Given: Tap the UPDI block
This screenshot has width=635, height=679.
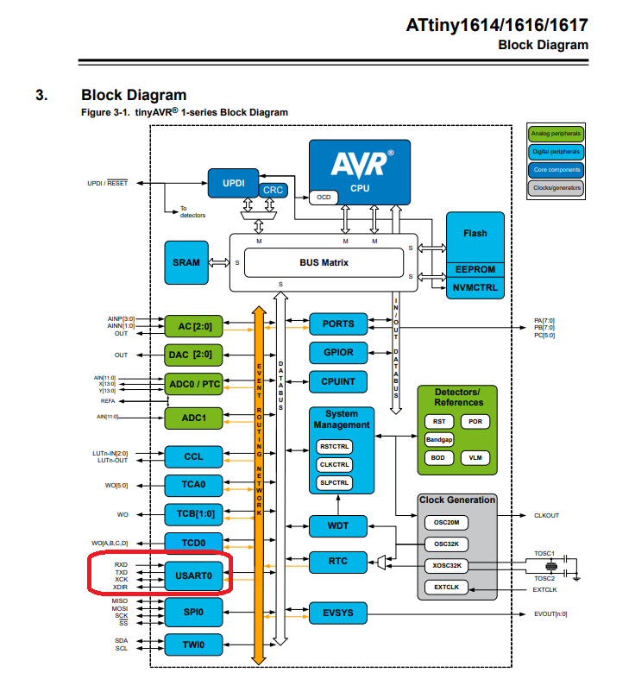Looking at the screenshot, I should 233,183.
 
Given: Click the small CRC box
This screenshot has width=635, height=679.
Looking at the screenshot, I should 273,190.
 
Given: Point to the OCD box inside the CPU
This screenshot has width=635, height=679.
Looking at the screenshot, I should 324,198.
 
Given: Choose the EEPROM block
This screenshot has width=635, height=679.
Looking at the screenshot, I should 475,270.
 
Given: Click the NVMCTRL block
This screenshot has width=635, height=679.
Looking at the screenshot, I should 475,287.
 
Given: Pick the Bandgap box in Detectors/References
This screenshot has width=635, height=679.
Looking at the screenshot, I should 439,439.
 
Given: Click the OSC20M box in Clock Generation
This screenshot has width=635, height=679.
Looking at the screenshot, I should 446,522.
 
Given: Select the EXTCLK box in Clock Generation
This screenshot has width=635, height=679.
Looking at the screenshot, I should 446,588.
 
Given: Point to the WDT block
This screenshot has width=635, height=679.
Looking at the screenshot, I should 338,525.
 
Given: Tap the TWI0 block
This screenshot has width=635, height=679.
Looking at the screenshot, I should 193,644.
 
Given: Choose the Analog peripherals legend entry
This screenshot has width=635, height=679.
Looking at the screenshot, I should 556,134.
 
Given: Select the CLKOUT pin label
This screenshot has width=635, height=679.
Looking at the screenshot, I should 546,516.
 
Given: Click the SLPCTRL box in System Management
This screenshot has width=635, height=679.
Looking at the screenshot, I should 334,482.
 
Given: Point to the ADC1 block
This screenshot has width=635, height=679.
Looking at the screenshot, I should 193,418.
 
